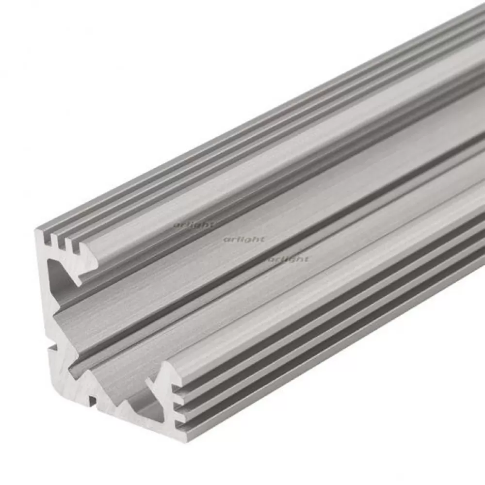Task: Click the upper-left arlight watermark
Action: point(193,225)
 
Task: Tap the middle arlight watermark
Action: point(244,239)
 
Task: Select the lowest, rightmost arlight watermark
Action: point(289,259)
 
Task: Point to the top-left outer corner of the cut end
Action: point(35,230)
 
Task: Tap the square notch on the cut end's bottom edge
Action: point(92,400)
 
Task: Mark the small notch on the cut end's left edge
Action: point(51,347)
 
